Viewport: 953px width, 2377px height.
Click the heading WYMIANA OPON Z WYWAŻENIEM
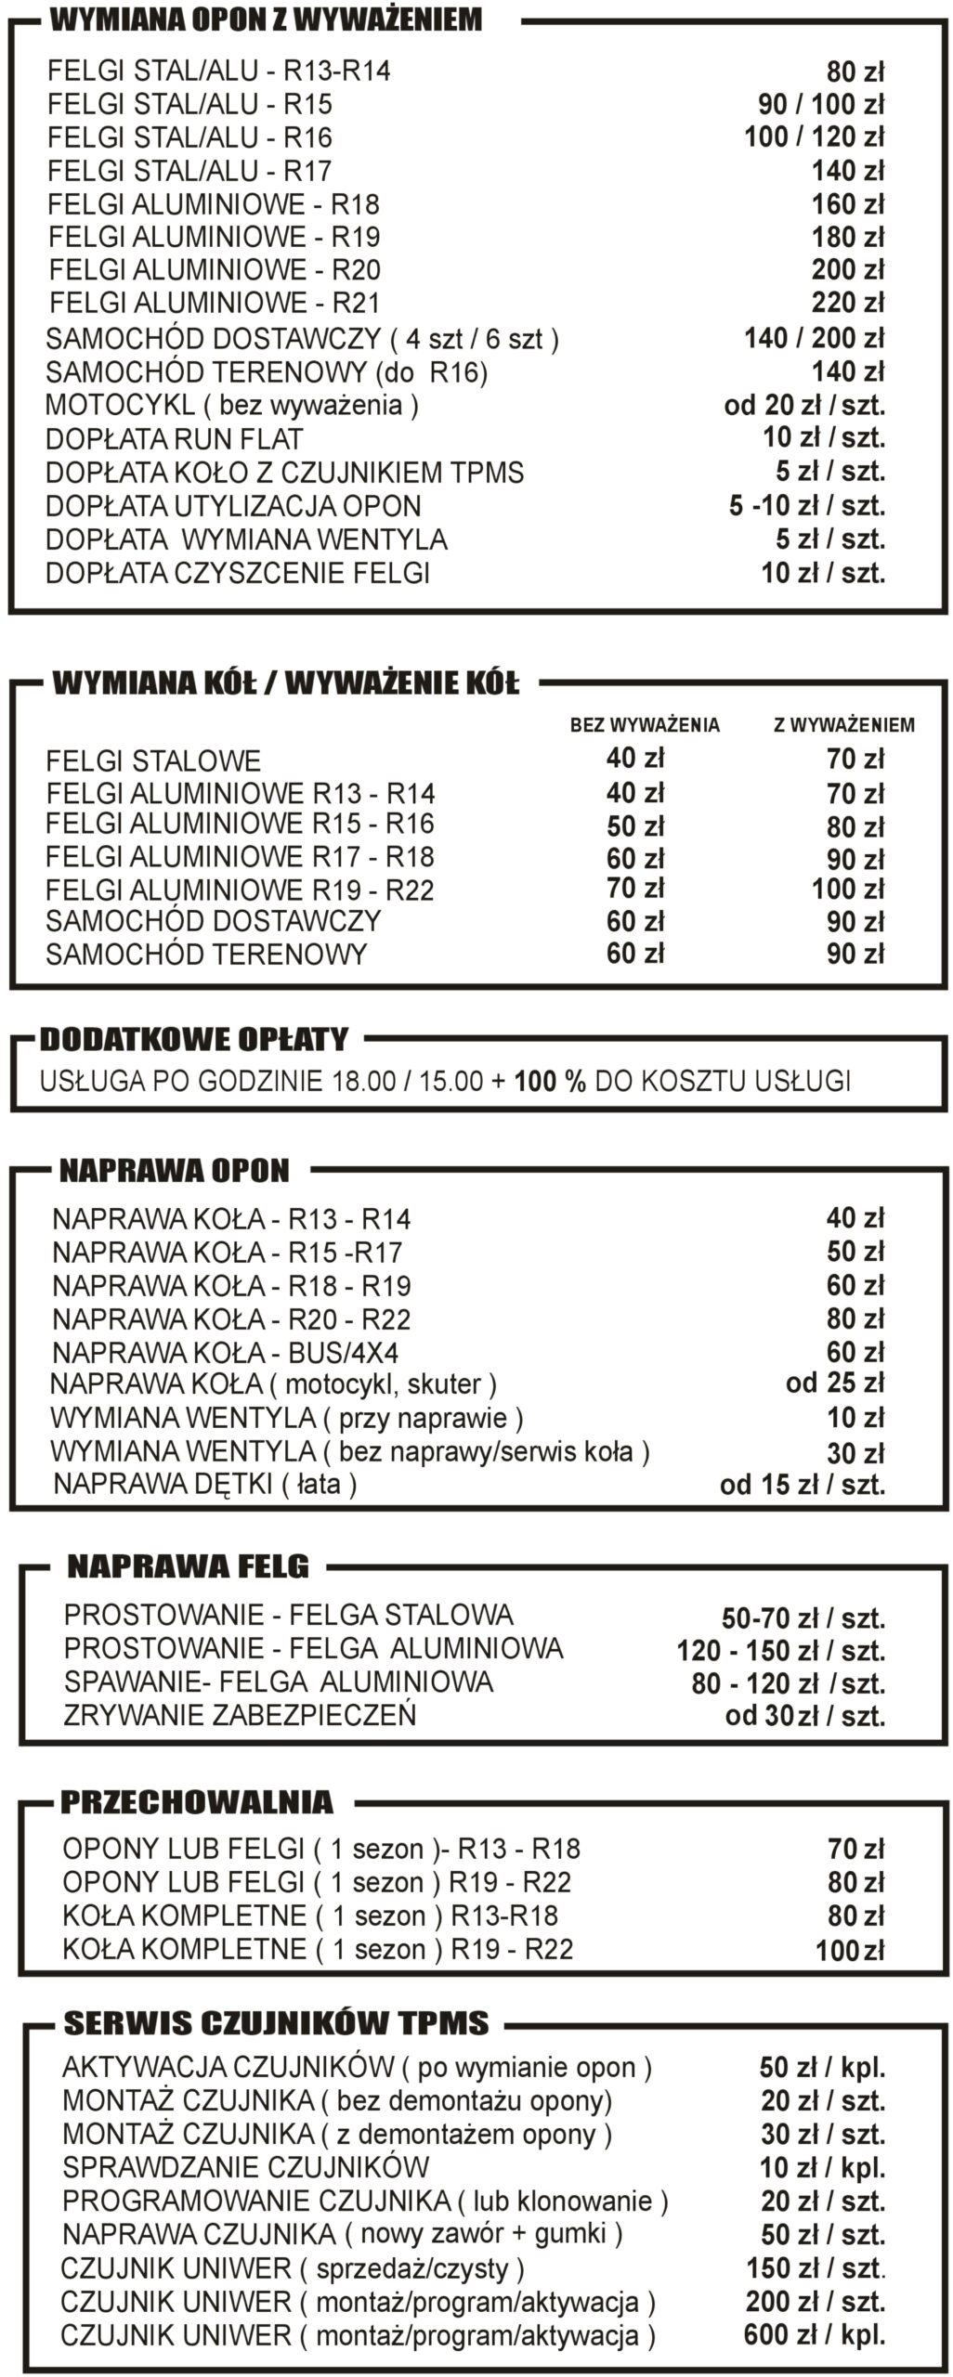coord(266,19)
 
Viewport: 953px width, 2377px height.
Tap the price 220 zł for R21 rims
coord(847,303)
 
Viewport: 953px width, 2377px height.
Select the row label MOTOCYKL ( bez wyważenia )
coord(232,406)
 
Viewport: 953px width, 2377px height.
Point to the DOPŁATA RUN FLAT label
coord(175,439)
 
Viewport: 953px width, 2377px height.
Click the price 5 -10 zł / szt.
coord(806,506)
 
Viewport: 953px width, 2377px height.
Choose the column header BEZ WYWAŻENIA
coord(645,725)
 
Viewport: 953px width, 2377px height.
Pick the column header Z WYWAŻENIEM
coord(843,725)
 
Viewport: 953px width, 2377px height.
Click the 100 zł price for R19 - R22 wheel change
coord(847,890)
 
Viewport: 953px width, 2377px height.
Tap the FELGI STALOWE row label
coord(153,761)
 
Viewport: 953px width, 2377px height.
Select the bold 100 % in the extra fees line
coord(550,1082)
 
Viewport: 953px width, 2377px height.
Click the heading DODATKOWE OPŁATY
coord(194,1039)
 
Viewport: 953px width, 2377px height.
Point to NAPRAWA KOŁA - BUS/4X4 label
coord(226,1353)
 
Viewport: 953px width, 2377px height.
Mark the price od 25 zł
coord(834,1383)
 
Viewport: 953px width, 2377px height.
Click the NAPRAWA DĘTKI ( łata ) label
coord(205,1484)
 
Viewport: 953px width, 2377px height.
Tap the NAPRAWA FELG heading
coord(188,1567)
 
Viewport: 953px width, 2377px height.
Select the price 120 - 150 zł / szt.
coord(780,1652)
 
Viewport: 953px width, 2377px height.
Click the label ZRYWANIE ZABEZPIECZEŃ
coord(240,1715)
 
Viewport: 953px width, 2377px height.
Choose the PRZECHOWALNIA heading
coord(196,1803)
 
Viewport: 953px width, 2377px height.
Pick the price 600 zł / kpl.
coord(814,2335)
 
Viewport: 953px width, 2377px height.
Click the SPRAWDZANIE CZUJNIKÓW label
coord(245,2168)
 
